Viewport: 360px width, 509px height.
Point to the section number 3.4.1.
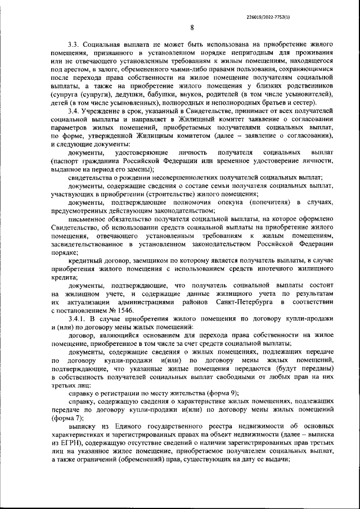(x=78, y=319)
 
